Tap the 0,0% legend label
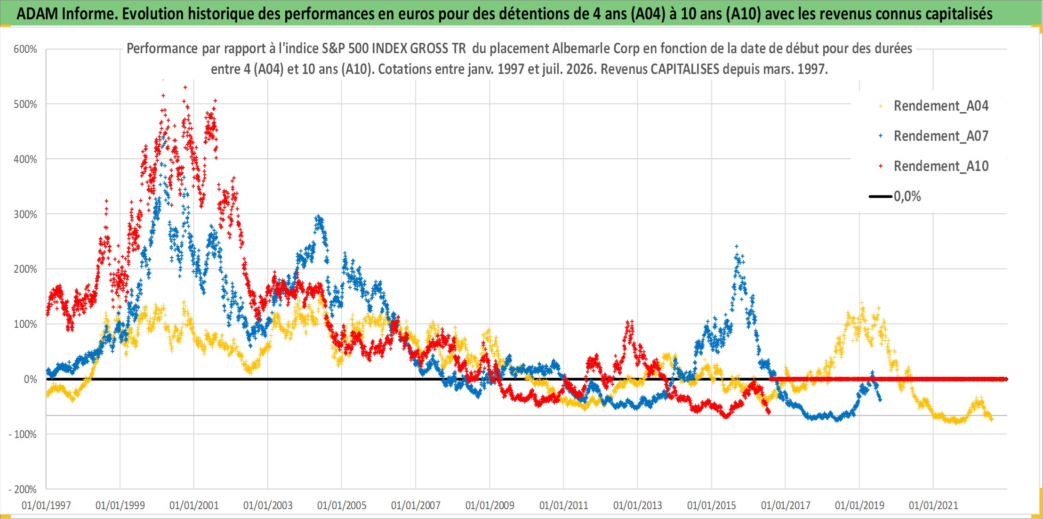(x=907, y=196)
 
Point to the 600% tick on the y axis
(x=25, y=49)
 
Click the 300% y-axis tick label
(x=25, y=214)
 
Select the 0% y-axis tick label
(x=30, y=379)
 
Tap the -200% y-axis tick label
(x=23, y=489)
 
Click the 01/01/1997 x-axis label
(x=46, y=505)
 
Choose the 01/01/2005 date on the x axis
(x=342, y=505)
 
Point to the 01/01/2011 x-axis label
(x=564, y=505)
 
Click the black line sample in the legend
(x=880, y=196)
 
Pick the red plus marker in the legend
(x=881, y=166)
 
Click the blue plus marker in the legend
(x=881, y=136)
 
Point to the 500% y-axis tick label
(x=25, y=104)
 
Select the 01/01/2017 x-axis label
(x=786, y=505)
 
